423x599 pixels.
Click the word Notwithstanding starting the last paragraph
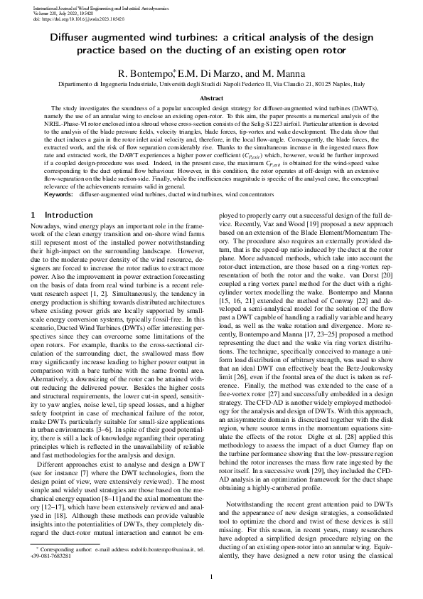[x=248, y=504]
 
